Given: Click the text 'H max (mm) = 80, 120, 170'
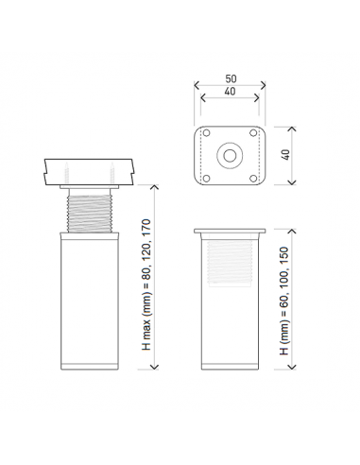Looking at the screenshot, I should coord(147,284).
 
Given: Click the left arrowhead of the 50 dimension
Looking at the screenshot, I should coord(197,85).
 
